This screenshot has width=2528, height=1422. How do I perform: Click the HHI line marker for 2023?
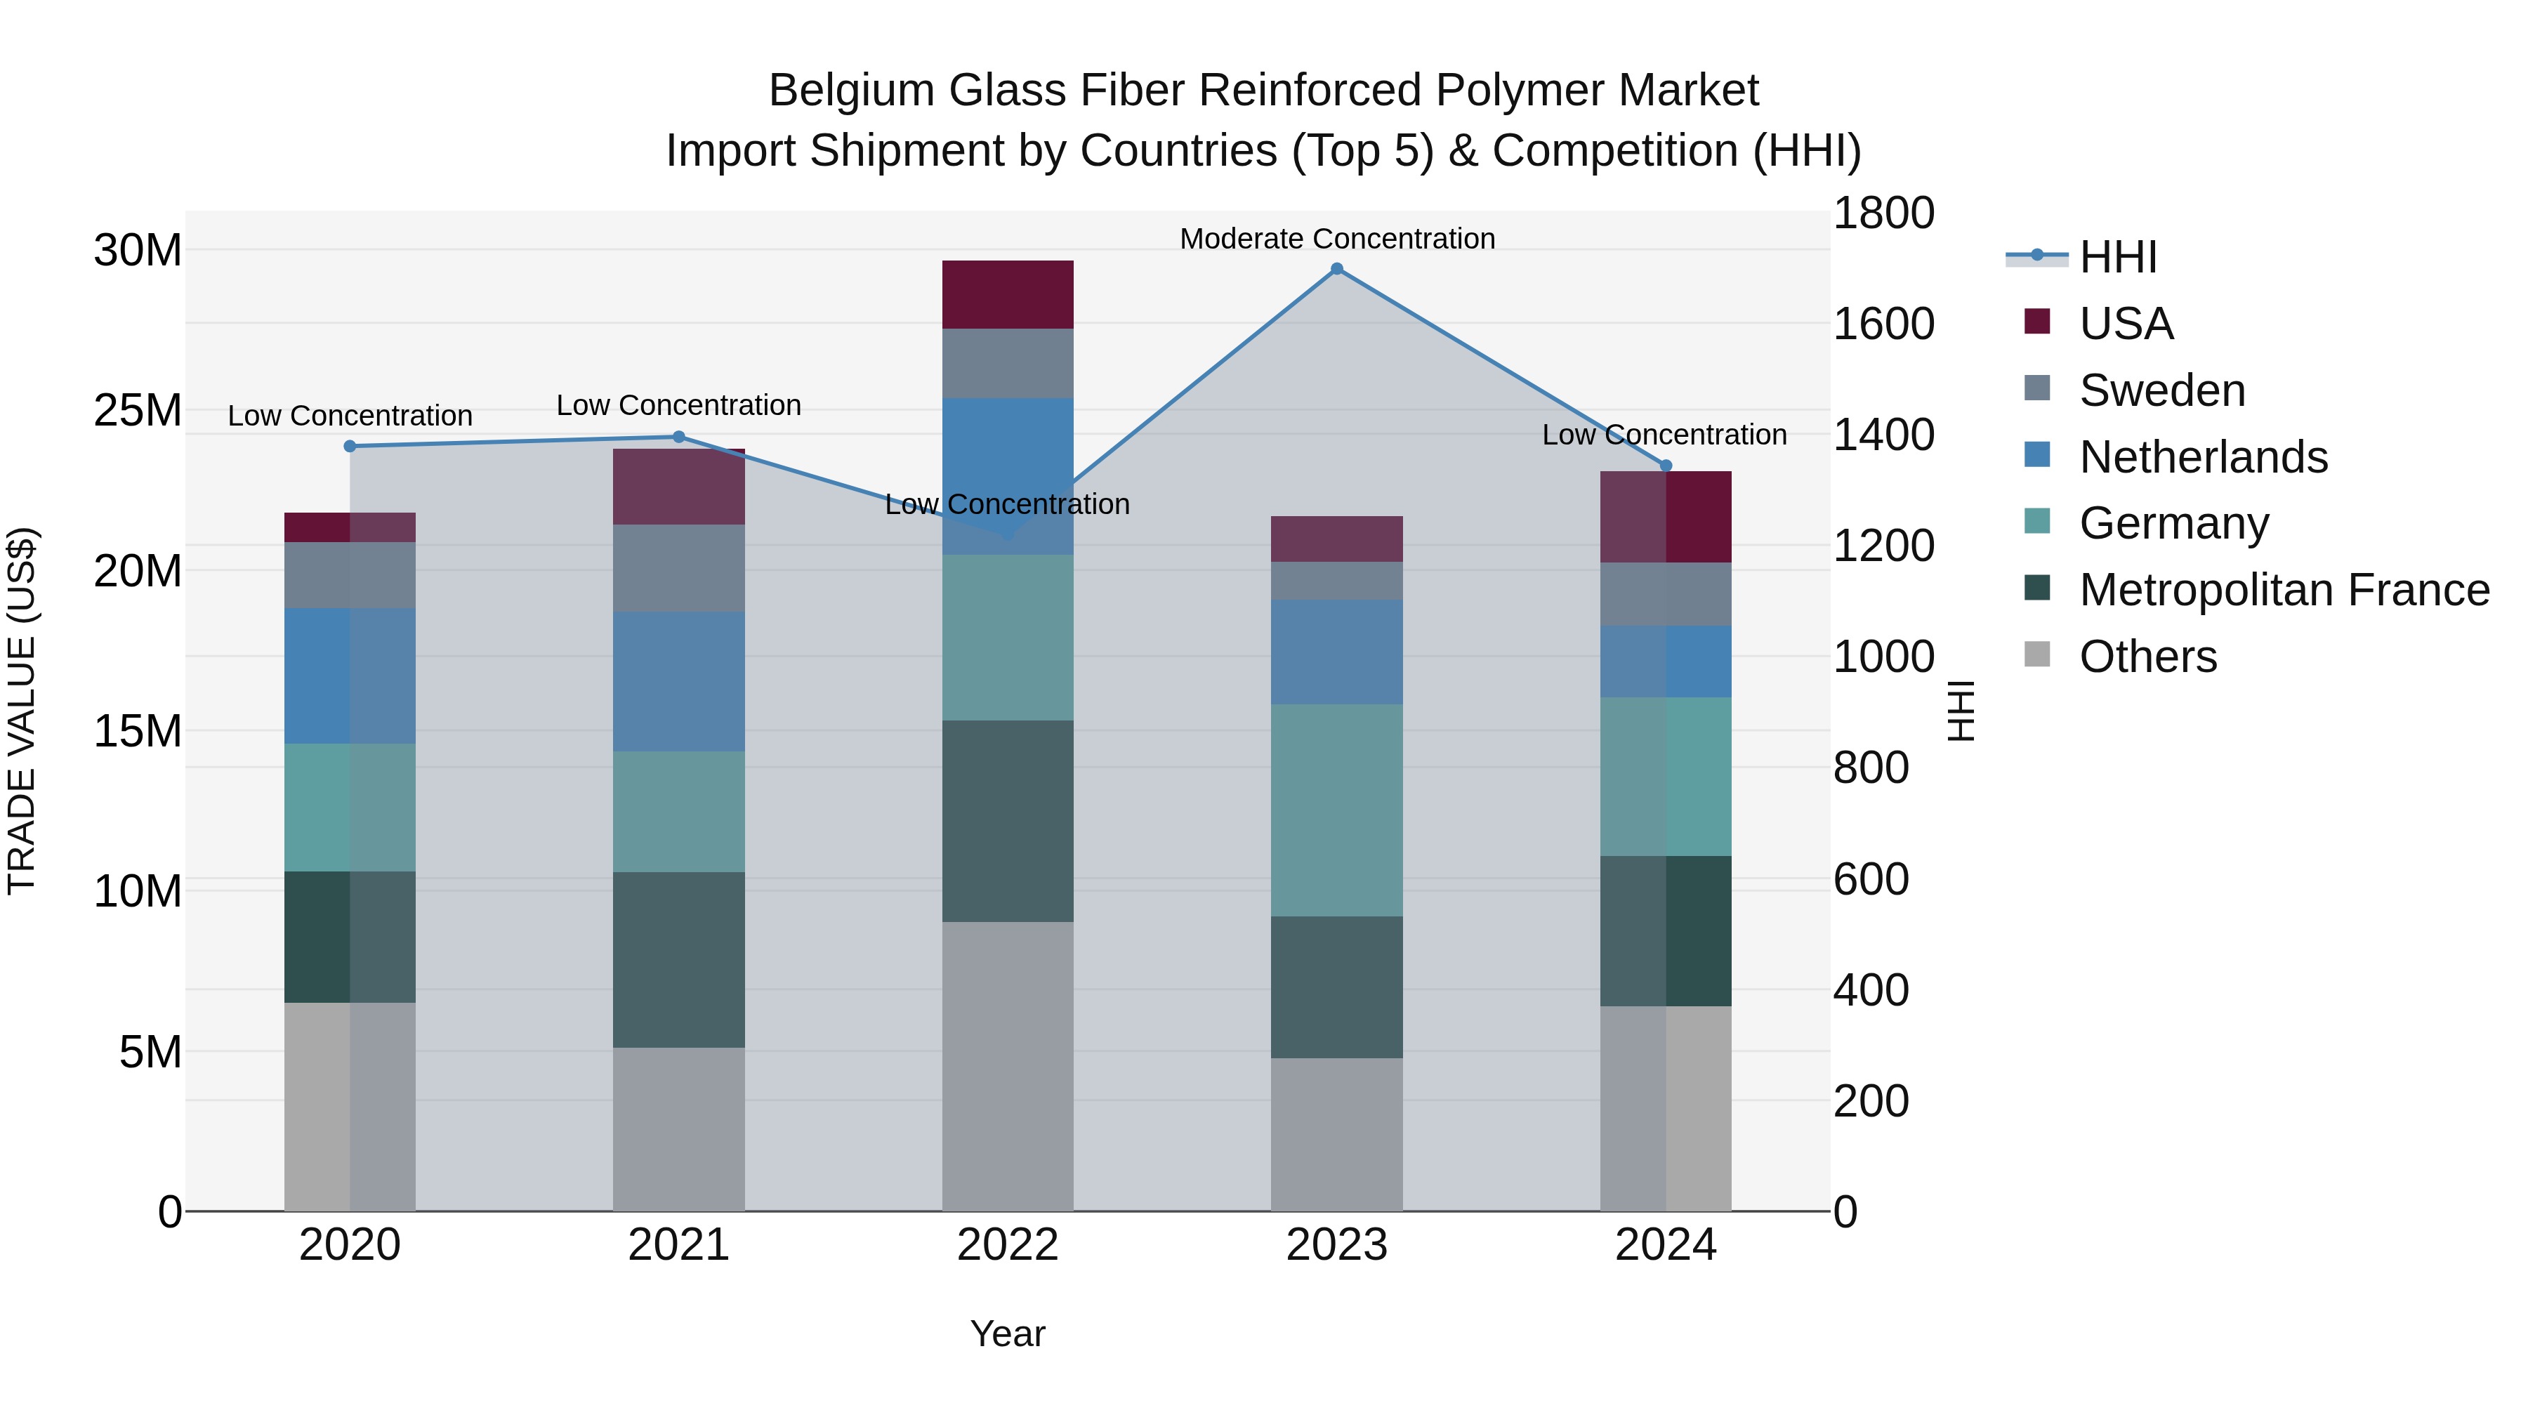pos(1336,269)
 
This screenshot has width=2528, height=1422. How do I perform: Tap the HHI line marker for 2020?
pos(350,447)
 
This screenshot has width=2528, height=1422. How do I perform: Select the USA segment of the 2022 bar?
pos(1008,294)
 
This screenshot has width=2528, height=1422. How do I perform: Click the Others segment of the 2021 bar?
pos(679,1128)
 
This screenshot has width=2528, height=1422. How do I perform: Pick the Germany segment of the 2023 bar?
pos(1336,810)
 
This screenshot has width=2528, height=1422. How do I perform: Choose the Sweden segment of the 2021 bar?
pos(679,568)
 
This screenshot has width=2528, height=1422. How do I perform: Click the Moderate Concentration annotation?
pos(1336,239)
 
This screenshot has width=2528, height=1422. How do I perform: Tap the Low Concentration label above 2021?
pos(679,405)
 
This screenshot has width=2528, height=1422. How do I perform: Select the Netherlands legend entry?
pos(2203,457)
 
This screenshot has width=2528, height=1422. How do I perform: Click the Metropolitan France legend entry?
pos(2284,590)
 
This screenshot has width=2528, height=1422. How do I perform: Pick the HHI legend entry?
pos(2118,257)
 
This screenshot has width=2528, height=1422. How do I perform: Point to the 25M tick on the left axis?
pos(138,410)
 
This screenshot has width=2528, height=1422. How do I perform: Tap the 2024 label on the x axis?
pos(1666,1245)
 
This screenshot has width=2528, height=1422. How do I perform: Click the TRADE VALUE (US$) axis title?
pos(22,711)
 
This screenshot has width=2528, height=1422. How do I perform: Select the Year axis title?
pos(1008,1334)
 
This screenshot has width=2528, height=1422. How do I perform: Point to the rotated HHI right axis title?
pos(1960,711)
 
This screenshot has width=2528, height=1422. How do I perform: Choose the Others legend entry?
pos(2147,657)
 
